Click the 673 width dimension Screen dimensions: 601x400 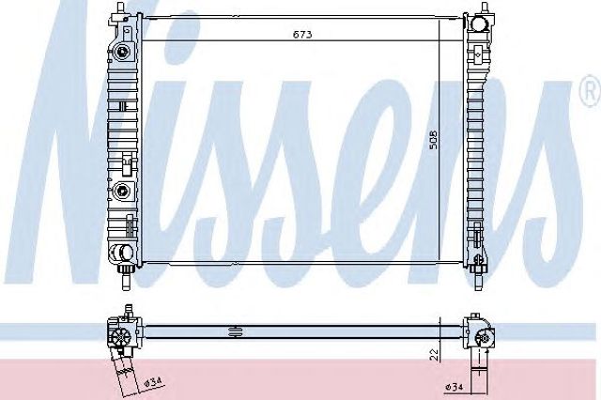(302, 35)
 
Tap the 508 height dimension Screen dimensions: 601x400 (433, 140)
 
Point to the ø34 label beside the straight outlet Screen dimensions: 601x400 (454, 387)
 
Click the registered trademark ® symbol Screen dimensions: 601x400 (593, 92)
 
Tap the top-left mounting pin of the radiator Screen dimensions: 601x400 (121, 8)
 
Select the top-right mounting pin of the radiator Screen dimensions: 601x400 (485, 8)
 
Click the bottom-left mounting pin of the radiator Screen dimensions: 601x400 (125, 281)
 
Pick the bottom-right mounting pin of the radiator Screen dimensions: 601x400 (478, 281)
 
